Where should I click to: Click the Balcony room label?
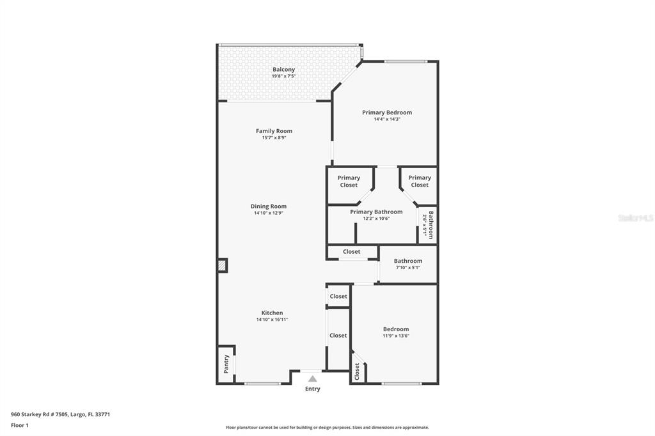click(283, 69)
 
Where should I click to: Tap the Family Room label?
click(274, 131)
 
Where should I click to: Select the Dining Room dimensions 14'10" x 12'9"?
click(269, 213)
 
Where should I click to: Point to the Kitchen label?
click(272, 313)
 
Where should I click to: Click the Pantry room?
click(226, 364)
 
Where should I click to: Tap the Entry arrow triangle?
click(312, 379)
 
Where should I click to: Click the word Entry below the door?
click(312, 389)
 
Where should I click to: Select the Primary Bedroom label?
click(387, 113)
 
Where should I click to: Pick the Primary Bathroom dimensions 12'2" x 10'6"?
click(376, 219)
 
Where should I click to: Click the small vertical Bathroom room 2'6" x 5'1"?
click(429, 225)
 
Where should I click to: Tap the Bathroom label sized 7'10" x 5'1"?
click(407, 261)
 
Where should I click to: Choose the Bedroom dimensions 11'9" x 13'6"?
click(396, 336)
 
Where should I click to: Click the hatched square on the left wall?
click(222, 265)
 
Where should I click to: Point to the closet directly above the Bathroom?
click(351, 252)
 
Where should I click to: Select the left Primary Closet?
click(349, 182)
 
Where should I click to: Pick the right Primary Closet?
click(420, 182)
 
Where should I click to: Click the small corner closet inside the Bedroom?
click(357, 370)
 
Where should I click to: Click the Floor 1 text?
click(20, 425)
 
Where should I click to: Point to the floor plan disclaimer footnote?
click(327, 428)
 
